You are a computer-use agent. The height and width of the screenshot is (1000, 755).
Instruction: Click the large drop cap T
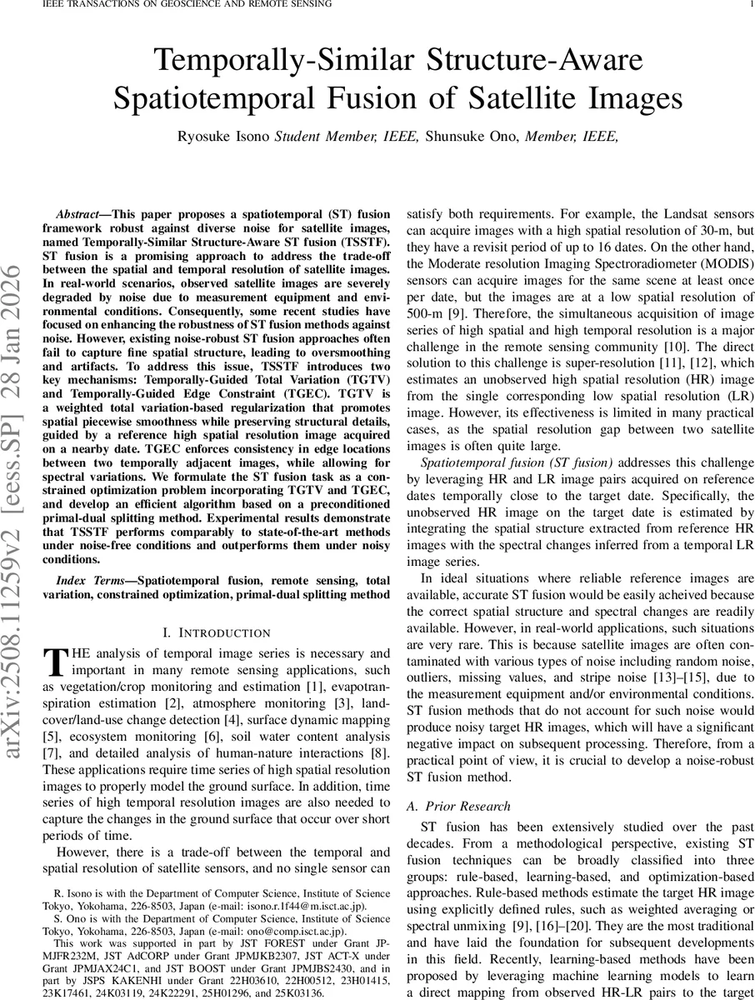[54, 662]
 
